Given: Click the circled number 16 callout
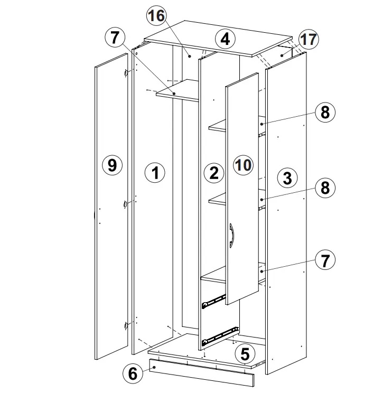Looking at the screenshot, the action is [156, 15].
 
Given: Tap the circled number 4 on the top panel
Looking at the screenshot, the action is [226, 39].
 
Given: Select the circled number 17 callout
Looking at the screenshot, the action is [309, 39].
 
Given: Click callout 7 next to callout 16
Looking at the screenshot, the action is [115, 38].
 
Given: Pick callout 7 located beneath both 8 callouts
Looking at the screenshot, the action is [325, 260].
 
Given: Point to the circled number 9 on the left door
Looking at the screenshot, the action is [113, 165].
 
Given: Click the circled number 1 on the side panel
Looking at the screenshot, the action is [155, 173].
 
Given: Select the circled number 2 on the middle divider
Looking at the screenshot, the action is [214, 173].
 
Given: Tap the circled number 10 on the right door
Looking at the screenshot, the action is [243, 165].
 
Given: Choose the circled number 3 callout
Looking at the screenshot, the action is [287, 177].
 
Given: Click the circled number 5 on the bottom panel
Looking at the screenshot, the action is [245, 354].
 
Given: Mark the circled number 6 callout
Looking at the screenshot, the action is [133, 373].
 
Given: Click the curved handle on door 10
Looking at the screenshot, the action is [231, 236].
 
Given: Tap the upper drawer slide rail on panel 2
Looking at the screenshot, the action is [214, 301].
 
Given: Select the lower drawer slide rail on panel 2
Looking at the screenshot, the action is [220, 336].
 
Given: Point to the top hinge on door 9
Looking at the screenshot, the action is [126, 73].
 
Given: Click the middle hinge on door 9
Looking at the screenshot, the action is [125, 204].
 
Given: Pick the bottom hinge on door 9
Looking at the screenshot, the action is [126, 325].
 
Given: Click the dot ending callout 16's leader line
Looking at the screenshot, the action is [190, 57].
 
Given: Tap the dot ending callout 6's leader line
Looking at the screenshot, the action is [154, 367].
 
